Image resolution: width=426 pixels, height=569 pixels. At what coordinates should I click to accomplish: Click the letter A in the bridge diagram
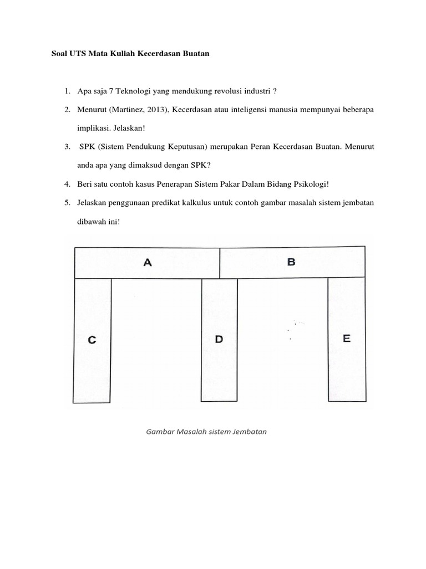point(148,263)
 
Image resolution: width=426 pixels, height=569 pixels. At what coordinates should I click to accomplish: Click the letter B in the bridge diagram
point(292,262)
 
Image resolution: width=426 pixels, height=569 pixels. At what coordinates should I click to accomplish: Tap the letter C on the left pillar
point(92,341)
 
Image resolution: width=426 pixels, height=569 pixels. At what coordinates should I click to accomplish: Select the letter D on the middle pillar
point(219,339)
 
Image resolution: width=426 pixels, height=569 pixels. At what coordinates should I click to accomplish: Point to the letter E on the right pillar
point(347,338)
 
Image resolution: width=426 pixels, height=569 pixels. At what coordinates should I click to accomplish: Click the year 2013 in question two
point(155,110)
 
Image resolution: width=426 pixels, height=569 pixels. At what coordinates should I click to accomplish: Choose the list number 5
point(66,203)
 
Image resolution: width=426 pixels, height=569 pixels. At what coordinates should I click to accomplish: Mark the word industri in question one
point(258,91)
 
